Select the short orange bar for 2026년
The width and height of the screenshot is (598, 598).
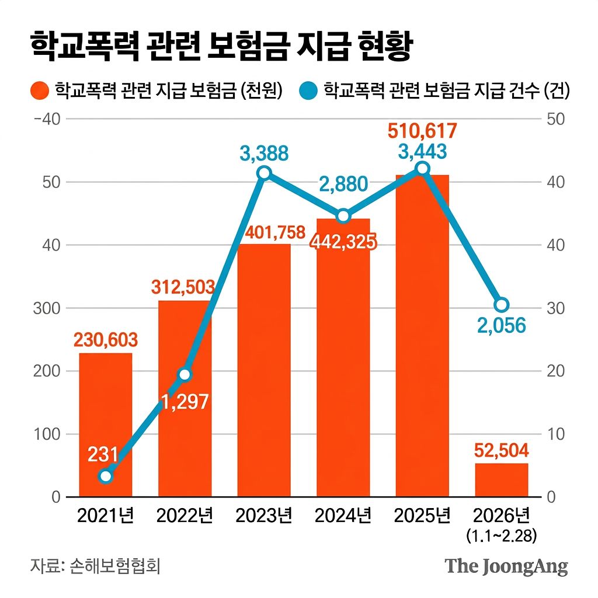502,480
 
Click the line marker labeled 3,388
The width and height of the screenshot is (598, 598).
264,173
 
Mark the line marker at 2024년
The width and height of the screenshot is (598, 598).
343,216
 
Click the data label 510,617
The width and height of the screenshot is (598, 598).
422,131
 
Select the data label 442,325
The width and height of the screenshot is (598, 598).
343,241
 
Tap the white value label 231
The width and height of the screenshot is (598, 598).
103,454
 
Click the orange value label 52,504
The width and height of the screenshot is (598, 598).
502,450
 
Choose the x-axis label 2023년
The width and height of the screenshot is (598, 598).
264,516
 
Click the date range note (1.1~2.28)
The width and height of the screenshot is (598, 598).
502,535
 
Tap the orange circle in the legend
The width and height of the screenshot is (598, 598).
40,91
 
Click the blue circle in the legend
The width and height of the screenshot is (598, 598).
308,91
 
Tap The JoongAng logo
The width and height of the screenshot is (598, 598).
506,566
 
